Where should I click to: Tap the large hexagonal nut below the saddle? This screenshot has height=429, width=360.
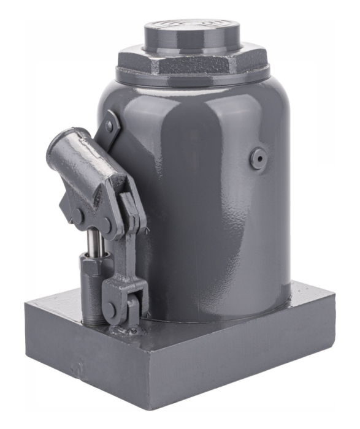192,63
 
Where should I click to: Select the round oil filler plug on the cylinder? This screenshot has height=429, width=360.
257,159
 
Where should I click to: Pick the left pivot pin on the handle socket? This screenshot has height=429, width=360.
79,216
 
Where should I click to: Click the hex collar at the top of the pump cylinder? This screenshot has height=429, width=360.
90,264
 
